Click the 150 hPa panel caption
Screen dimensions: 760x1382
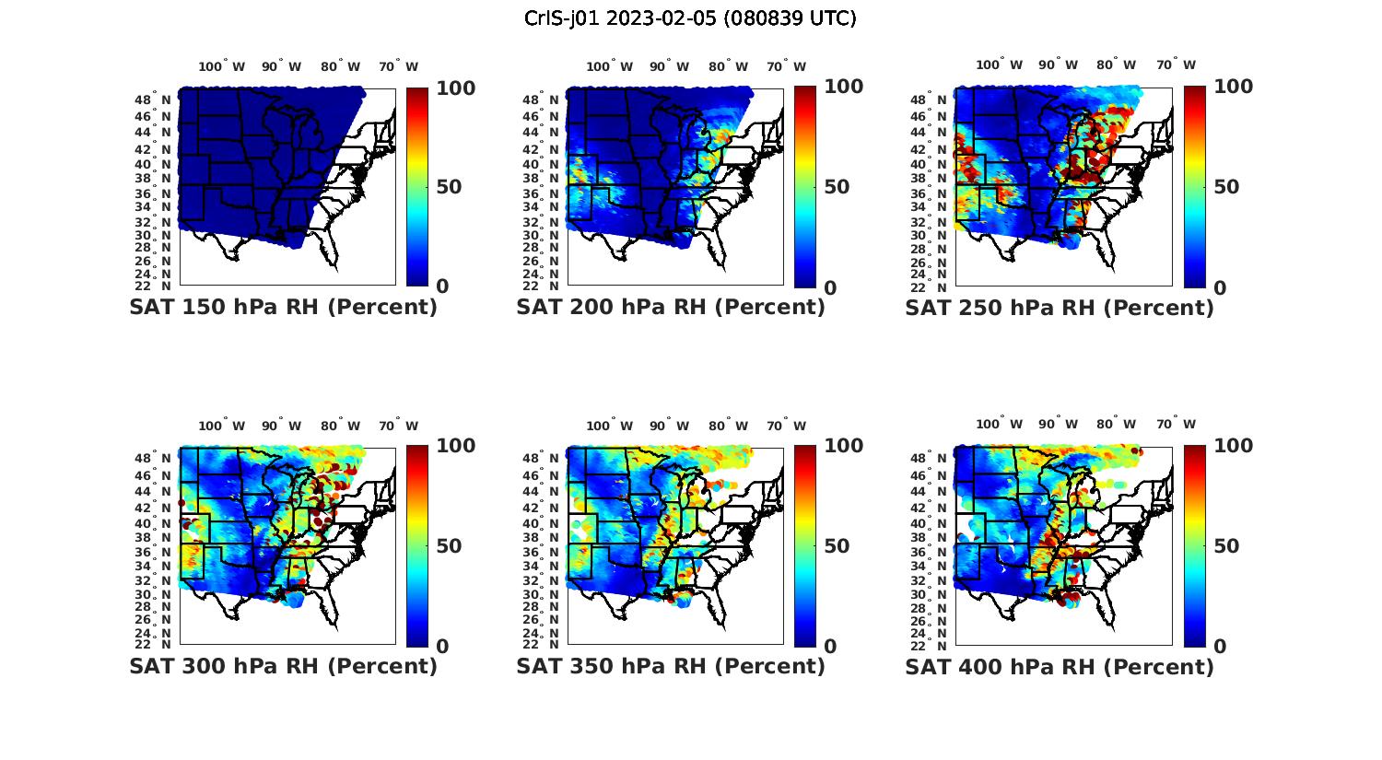click(x=283, y=308)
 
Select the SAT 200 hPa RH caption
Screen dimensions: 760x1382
click(x=671, y=308)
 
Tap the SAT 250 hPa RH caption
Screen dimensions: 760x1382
click(x=1060, y=308)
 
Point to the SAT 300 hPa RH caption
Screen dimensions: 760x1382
click(x=283, y=666)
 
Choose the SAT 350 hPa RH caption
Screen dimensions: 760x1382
click(x=671, y=666)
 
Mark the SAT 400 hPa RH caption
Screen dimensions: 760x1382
click(x=1060, y=666)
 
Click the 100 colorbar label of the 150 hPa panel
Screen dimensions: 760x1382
click(x=455, y=88)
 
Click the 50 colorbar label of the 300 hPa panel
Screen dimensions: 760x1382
click(x=449, y=546)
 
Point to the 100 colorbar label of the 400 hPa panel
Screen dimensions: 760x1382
click(x=1233, y=446)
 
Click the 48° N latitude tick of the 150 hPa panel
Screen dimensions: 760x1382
click(x=153, y=99)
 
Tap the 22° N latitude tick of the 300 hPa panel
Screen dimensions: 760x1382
click(x=153, y=644)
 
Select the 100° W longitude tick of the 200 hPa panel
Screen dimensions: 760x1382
click(x=609, y=66)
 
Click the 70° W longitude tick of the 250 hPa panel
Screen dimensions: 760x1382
click(x=1176, y=64)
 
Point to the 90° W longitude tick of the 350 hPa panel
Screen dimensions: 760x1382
click(x=669, y=426)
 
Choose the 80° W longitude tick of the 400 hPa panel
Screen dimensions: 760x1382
click(x=1116, y=425)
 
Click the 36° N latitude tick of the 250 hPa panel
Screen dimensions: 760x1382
click(x=930, y=193)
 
